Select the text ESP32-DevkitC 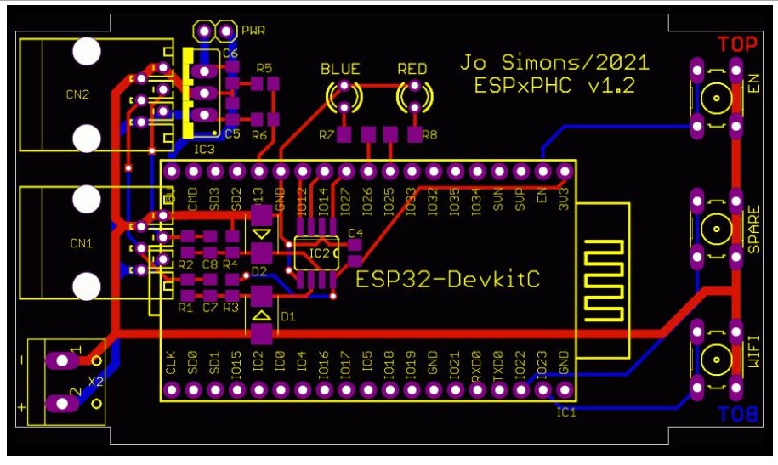[x=447, y=279]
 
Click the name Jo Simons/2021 [x=554, y=63]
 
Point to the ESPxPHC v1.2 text [x=554, y=86]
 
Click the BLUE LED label [x=340, y=69]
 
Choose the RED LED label [x=413, y=69]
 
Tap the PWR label [x=253, y=31]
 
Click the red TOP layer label [x=735, y=44]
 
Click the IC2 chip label [x=319, y=252]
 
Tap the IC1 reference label [x=566, y=413]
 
